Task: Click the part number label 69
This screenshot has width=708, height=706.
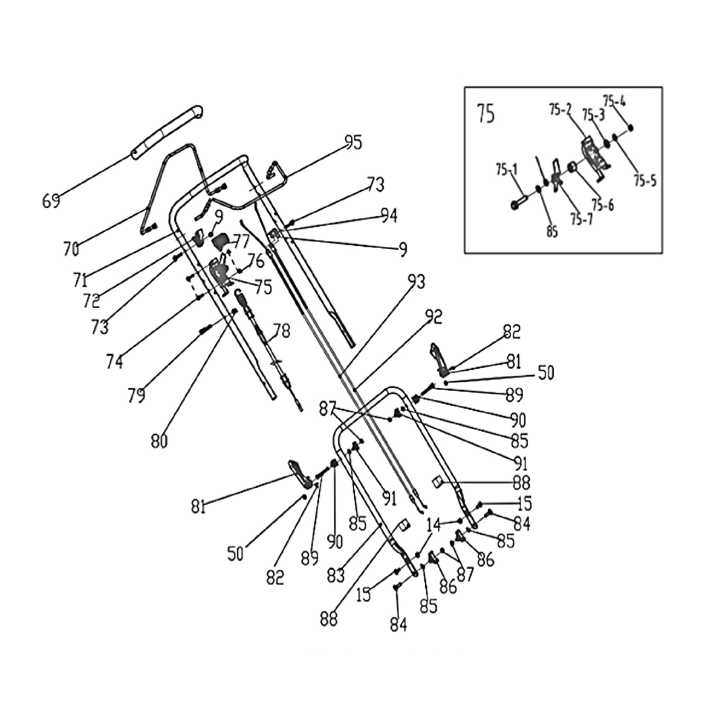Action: (x=51, y=201)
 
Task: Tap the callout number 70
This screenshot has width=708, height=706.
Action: (x=71, y=249)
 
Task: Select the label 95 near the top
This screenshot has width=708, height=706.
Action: (x=353, y=143)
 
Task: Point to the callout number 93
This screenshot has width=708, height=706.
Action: (x=416, y=282)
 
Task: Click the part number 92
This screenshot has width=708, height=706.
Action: (x=434, y=317)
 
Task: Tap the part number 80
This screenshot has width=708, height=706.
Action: (x=159, y=441)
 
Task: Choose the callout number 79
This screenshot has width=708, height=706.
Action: (x=137, y=395)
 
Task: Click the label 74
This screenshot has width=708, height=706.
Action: (x=115, y=361)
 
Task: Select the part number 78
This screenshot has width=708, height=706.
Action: (x=282, y=331)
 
